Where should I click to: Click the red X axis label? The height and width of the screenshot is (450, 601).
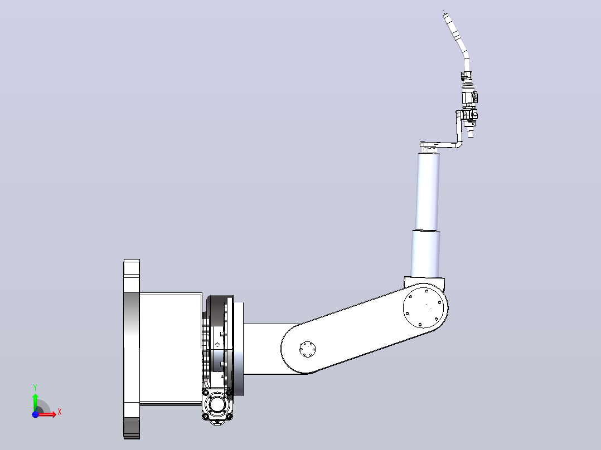[60, 412]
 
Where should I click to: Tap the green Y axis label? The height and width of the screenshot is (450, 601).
[35, 388]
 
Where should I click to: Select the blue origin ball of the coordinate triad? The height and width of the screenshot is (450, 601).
[35, 414]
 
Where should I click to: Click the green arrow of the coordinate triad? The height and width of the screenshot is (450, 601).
[35, 402]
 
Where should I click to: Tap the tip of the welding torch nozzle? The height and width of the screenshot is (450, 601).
[443, 12]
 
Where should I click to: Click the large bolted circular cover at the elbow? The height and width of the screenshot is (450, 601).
[423, 307]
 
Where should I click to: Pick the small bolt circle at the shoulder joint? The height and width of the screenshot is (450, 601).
[307, 349]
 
